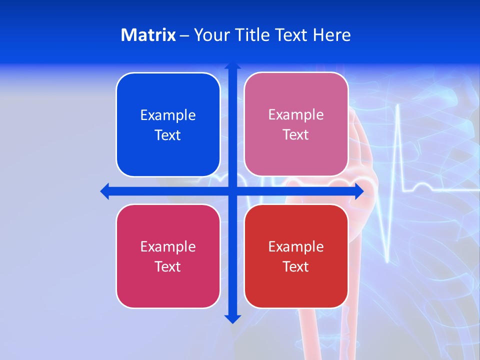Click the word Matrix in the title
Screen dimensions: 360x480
(x=148, y=35)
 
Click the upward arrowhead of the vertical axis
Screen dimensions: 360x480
(x=232, y=65)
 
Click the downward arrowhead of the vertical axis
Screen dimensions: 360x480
(x=232, y=318)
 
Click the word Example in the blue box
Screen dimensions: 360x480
(x=168, y=115)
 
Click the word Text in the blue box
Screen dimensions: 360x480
(x=168, y=135)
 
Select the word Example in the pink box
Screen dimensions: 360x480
(x=296, y=115)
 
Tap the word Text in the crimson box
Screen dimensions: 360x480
(x=168, y=267)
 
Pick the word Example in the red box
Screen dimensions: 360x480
(x=296, y=247)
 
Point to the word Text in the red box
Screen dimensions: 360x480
(x=296, y=267)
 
